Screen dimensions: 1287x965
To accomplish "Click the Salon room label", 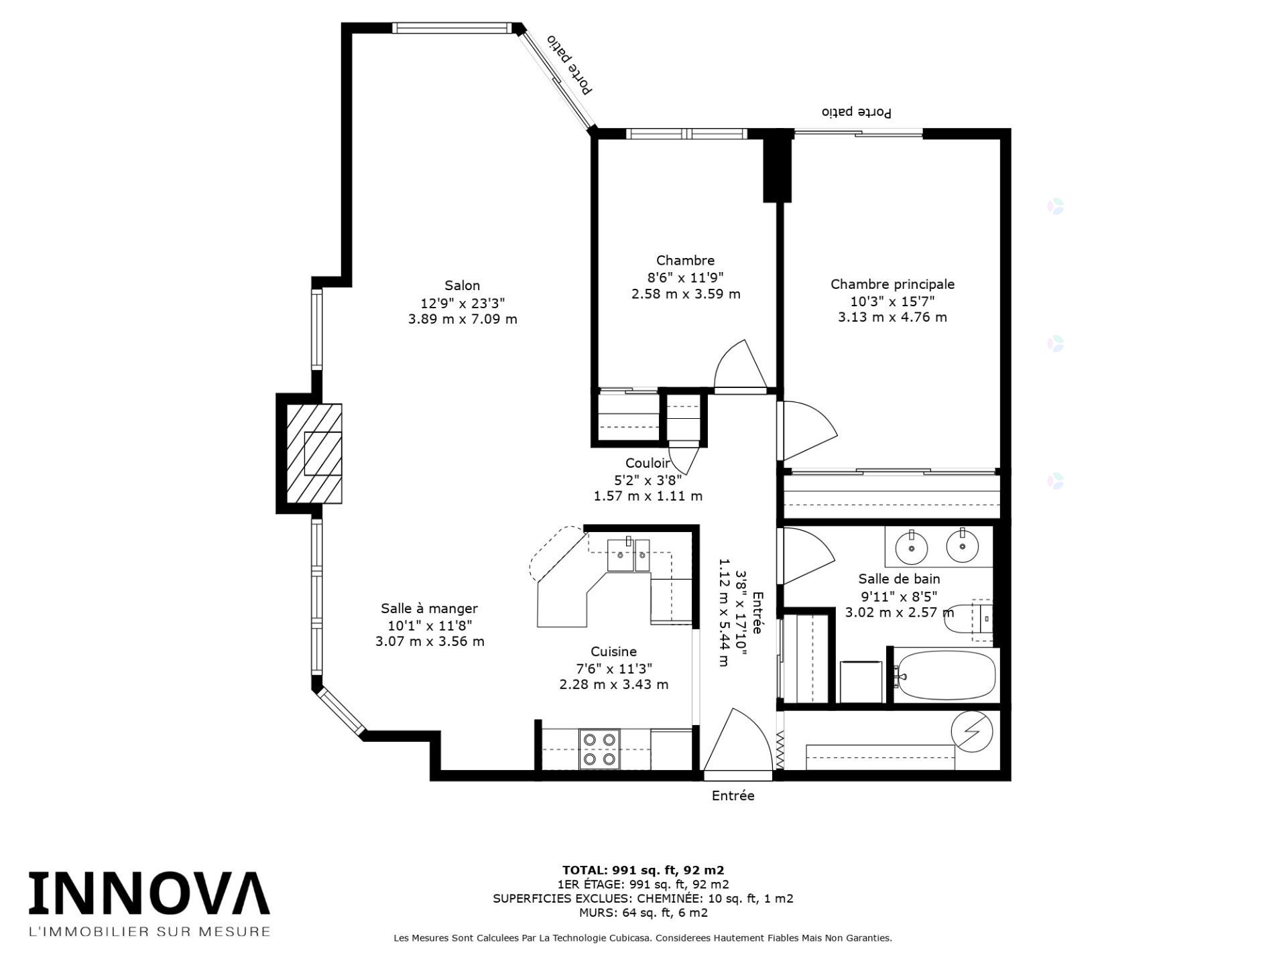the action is pos(463,285).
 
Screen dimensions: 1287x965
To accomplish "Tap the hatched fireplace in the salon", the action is pos(314,454).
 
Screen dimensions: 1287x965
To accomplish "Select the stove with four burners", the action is pos(600,749).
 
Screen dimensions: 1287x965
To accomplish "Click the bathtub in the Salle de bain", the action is pos(946,675).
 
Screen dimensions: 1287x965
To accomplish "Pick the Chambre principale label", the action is pos(892,284).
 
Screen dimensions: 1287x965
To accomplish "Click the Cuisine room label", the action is pos(613,651).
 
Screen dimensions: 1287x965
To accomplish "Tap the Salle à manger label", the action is pos(429,609).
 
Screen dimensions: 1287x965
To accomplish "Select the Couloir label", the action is pos(648,463).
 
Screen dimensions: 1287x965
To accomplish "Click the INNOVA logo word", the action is pos(149,893).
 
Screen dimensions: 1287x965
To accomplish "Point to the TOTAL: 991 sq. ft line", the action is pos(643,871).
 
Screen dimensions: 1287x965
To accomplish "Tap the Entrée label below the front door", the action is pos(733,796).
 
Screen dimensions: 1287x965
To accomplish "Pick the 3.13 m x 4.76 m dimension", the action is pos(892,317).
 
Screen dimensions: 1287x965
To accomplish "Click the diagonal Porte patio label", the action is pos(569,65).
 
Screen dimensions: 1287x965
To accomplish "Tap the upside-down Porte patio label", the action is pos(857,112).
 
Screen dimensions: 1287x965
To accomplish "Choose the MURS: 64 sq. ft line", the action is pos(643,913).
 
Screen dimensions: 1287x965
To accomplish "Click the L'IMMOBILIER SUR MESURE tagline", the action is pos(149,931).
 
